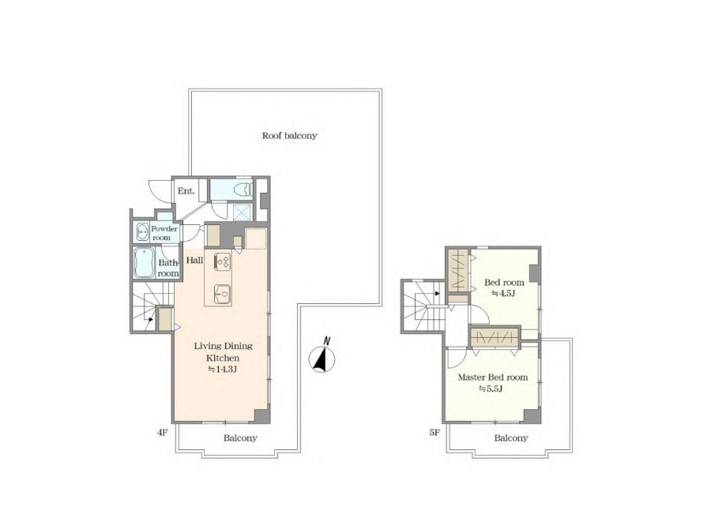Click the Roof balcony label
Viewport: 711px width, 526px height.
pos(289,136)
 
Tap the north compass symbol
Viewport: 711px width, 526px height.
pos(322,357)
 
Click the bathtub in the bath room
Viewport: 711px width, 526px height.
pos(145,262)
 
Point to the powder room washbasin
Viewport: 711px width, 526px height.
pos(142,232)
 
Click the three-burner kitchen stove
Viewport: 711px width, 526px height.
pos(222,261)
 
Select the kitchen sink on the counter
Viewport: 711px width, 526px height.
pos(222,294)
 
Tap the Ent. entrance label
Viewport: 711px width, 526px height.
pos(186,191)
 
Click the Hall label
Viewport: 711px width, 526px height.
pos(194,261)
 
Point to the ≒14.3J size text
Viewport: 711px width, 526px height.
pos(222,369)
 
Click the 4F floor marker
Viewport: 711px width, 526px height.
pos(162,433)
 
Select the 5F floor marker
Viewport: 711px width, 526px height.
pos(434,433)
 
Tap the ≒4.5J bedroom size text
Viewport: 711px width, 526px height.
pos(503,293)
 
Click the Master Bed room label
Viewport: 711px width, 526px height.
pos(492,378)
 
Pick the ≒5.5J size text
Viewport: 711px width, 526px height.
pos(491,389)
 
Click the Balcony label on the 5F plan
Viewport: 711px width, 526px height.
pos(511,438)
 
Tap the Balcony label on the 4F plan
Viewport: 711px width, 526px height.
pos(240,438)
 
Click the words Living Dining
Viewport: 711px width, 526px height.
pos(223,346)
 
